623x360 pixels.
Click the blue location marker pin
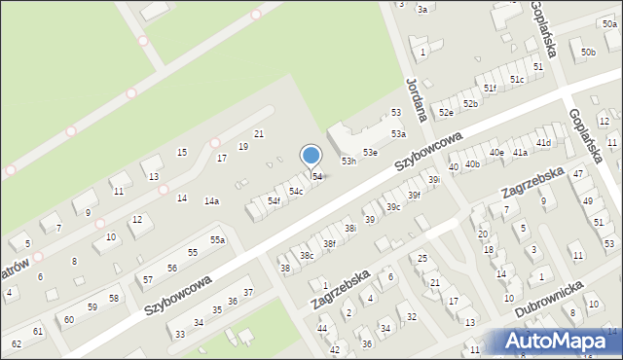point(311,156)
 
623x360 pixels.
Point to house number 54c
point(295,191)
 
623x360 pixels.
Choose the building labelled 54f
point(275,201)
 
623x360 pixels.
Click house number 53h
point(348,161)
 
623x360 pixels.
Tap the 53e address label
point(370,153)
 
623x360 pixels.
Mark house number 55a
point(218,239)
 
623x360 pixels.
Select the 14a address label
point(211,201)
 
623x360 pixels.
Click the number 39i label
point(435,179)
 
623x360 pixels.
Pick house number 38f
point(329,244)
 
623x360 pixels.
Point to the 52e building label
point(446,113)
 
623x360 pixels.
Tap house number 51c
point(517,79)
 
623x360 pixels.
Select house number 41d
point(543,143)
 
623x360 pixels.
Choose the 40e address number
point(496,152)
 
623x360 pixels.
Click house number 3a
point(421,9)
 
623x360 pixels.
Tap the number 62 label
point(16,343)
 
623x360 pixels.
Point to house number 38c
point(306,255)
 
